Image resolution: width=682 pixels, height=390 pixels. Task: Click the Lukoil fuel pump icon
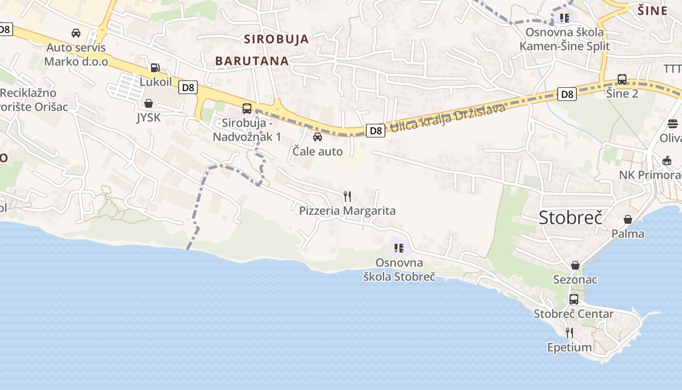point(155,68)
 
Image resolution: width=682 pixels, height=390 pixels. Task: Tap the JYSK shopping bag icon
point(149,103)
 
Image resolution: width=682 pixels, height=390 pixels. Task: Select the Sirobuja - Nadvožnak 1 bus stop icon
point(247,108)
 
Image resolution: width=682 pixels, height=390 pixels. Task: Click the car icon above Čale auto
point(318,137)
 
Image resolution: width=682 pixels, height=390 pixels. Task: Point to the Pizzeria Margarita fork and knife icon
point(347,196)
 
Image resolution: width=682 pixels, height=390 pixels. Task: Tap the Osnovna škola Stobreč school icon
point(399,248)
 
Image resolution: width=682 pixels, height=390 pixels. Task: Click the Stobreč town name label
point(570,217)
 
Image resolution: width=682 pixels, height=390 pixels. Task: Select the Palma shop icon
point(628,219)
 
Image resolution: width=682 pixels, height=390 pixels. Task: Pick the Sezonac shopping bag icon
point(575,265)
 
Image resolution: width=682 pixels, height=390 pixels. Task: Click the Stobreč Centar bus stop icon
point(574,299)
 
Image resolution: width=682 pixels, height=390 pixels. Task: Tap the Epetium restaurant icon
point(569,333)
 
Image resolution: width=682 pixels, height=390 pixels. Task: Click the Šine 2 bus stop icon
point(622,79)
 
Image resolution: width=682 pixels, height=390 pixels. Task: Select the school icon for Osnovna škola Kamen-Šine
point(564,18)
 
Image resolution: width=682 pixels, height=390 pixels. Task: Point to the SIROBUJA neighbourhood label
point(276,39)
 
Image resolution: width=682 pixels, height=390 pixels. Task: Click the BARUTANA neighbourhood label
point(252,61)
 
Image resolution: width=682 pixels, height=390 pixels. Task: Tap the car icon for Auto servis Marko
point(76,33)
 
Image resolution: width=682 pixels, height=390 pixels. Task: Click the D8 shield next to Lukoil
point(188,88)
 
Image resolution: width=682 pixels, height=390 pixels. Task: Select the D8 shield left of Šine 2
point(567,94)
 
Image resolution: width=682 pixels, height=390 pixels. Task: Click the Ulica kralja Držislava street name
point(448,118)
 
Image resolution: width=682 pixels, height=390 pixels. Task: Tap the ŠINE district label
point(653,11)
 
